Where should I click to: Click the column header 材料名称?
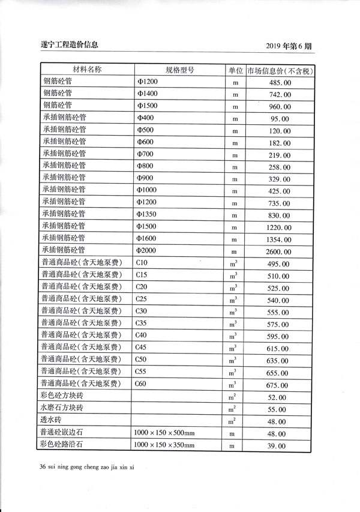[87, 69]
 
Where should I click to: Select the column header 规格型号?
[179, 70]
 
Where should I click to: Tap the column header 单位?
[235, 70]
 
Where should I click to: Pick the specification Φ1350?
[148, 214]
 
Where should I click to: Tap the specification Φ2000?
[148, 250]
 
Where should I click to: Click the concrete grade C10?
[142, 263]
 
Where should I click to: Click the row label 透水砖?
[52, 420]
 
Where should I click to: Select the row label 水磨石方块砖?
[62, 408]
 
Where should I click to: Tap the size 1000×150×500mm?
[164, 433]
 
